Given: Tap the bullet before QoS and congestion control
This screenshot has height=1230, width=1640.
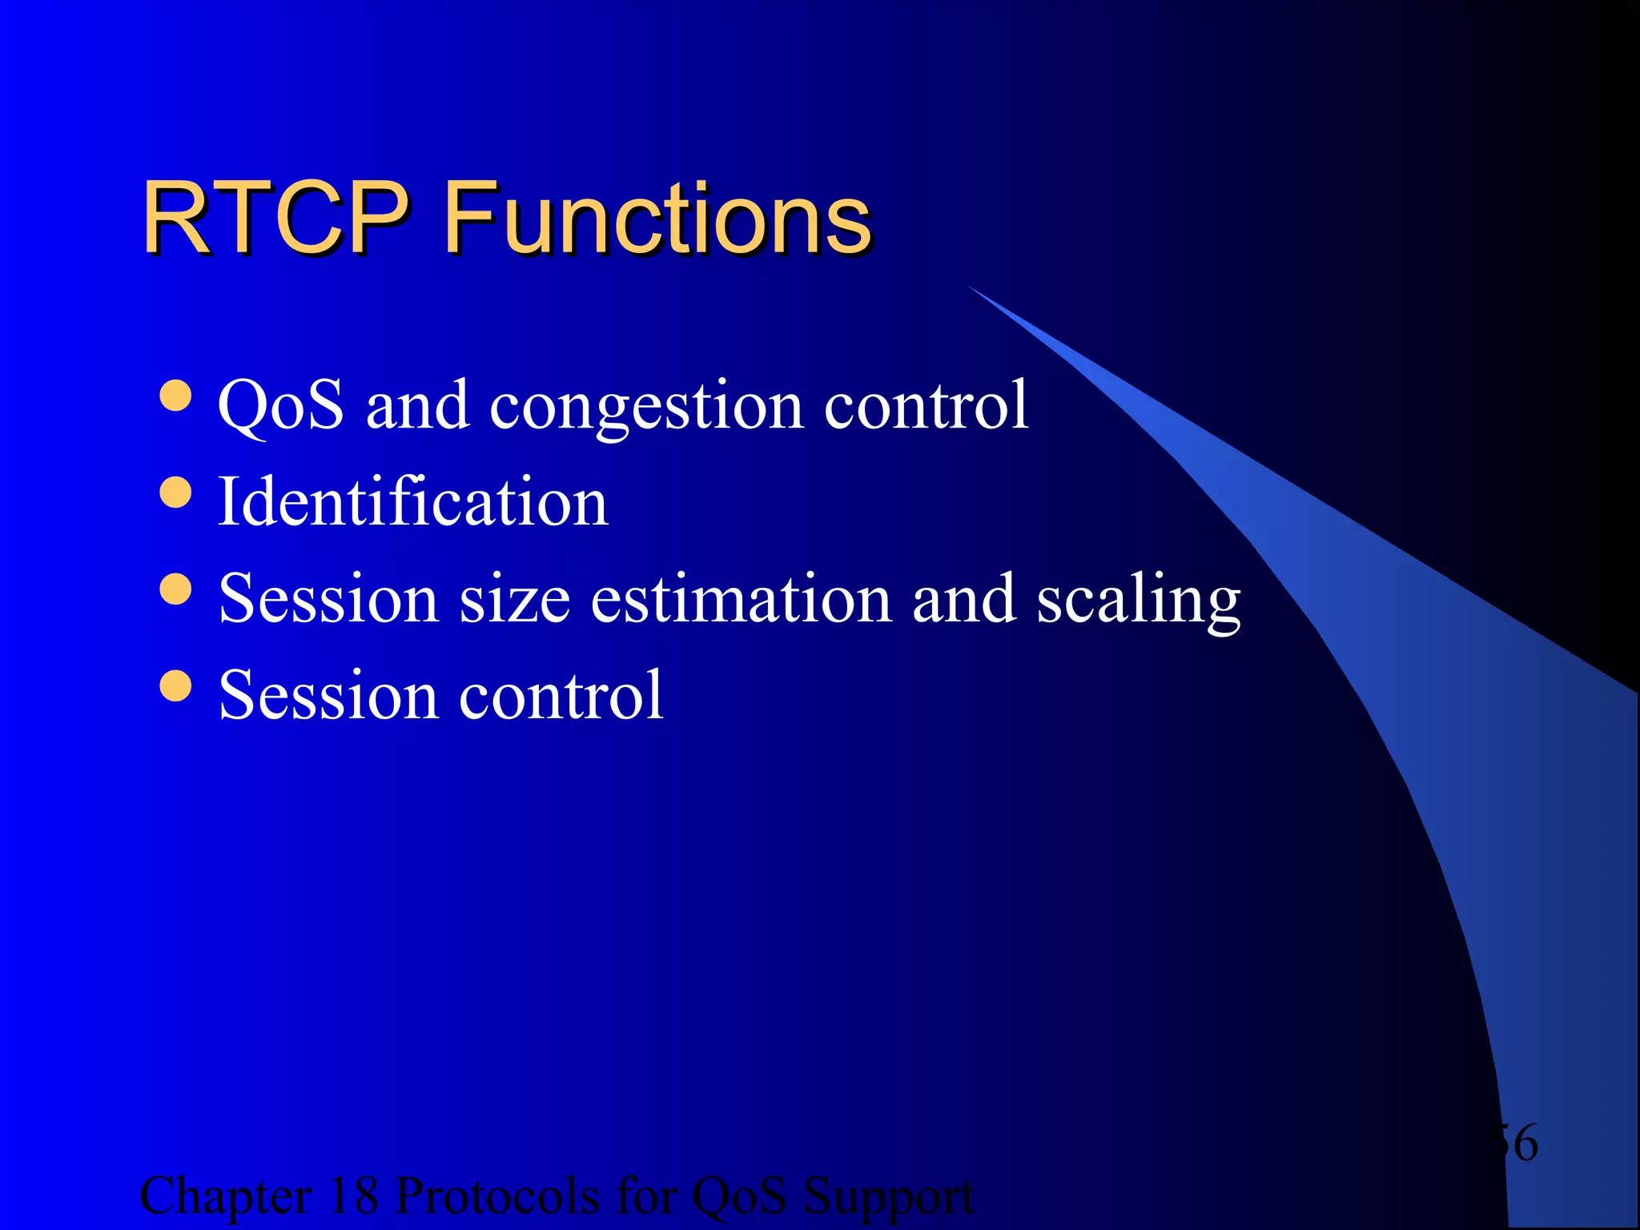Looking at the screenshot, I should [x=175, y=396].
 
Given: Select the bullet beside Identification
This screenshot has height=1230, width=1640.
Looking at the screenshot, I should [x=175, y=492].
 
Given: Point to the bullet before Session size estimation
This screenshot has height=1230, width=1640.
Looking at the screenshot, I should [x=175, y=589].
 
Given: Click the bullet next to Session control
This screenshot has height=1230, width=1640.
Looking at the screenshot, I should [x=175, y=685].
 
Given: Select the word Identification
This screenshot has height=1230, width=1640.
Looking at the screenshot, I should [x=412, y=502].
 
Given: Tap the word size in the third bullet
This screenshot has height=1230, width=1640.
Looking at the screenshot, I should [x=514, y=599].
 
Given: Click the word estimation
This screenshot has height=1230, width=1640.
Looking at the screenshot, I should [x=741, y=599].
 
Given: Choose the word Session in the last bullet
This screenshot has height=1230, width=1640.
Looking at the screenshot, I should [x=328, y=695].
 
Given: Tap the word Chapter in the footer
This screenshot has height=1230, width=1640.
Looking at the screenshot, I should [x=226, y=1198].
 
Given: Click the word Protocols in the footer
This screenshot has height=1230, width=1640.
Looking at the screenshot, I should [x=497, y=1196].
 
